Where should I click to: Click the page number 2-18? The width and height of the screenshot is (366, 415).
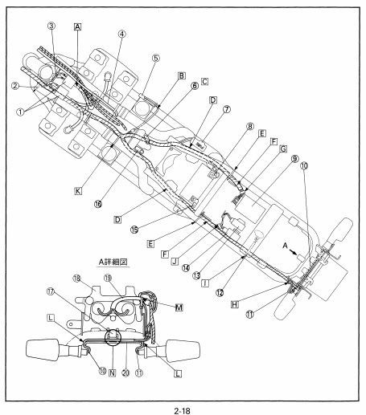[182, 410]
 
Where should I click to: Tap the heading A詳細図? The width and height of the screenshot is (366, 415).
[113, 262]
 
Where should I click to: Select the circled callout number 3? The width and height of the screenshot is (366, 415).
[51, 26]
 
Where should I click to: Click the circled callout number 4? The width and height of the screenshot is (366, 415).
[121, 34]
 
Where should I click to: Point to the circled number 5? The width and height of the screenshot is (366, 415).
[156, 58]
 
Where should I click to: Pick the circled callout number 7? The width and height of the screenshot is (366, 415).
[227, 109]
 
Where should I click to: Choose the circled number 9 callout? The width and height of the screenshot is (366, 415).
[294, 159]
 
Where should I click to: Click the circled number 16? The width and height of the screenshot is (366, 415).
[98, 204]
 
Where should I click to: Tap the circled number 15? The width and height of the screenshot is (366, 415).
[134, 230]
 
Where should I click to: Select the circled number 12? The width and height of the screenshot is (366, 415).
[220, 293]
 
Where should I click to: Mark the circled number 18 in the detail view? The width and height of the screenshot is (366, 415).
[76, 279]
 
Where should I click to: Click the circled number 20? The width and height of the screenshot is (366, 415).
[125, 372]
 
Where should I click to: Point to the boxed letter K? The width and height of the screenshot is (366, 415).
[78, 191]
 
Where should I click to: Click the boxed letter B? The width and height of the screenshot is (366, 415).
[182, 75]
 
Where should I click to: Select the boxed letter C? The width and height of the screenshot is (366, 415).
[204, 81]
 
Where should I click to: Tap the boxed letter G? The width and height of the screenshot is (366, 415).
[283, 149]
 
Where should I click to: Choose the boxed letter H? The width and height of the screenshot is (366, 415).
[235, 304]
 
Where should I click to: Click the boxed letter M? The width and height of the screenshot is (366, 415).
[179, 307]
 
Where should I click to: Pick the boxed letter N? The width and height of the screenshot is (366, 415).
[113, 372]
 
